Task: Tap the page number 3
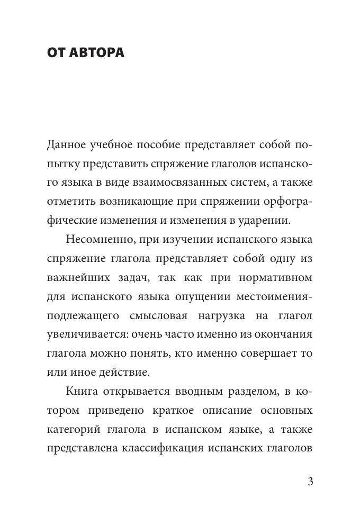point(310,482)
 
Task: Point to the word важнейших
point(75,278)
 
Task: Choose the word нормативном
point(278,278)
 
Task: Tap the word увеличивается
point(89,334)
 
